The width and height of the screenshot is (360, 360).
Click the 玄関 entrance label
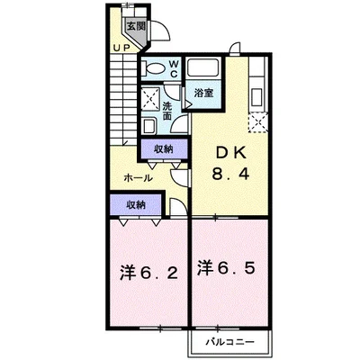click(x=136, y=26)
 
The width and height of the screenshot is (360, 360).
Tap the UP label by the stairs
click(x=121, y=48)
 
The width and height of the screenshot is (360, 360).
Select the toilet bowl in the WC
click(x=153, y=68)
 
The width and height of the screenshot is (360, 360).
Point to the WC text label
click(x=174, y=68)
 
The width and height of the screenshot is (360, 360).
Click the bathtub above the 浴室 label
click(x=202, y=68)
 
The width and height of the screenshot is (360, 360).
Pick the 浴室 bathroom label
click(x=203, y=94)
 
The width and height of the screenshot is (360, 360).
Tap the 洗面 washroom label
click(x=167, y=111)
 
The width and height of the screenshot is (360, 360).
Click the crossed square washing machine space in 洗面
click(x=151, y=97)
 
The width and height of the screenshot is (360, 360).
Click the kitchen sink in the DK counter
click(x=257, y=97)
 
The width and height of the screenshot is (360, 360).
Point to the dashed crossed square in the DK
click(x=257, y=121)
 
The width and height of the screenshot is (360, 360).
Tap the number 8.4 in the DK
click(x=230, y=174)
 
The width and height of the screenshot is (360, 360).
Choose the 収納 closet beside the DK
click(x=164, y=149)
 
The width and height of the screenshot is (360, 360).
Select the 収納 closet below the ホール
click(x=136, y=205)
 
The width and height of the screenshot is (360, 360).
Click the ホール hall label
click(x=139, y=178)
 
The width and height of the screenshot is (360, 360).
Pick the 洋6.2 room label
click(x=149, y=273)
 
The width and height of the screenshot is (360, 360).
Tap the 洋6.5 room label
click(x=227, y=268)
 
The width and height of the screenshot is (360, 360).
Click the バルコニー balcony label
click(x=230, y=342)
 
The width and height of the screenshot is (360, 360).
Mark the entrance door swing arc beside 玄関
click(x=165, y=25)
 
